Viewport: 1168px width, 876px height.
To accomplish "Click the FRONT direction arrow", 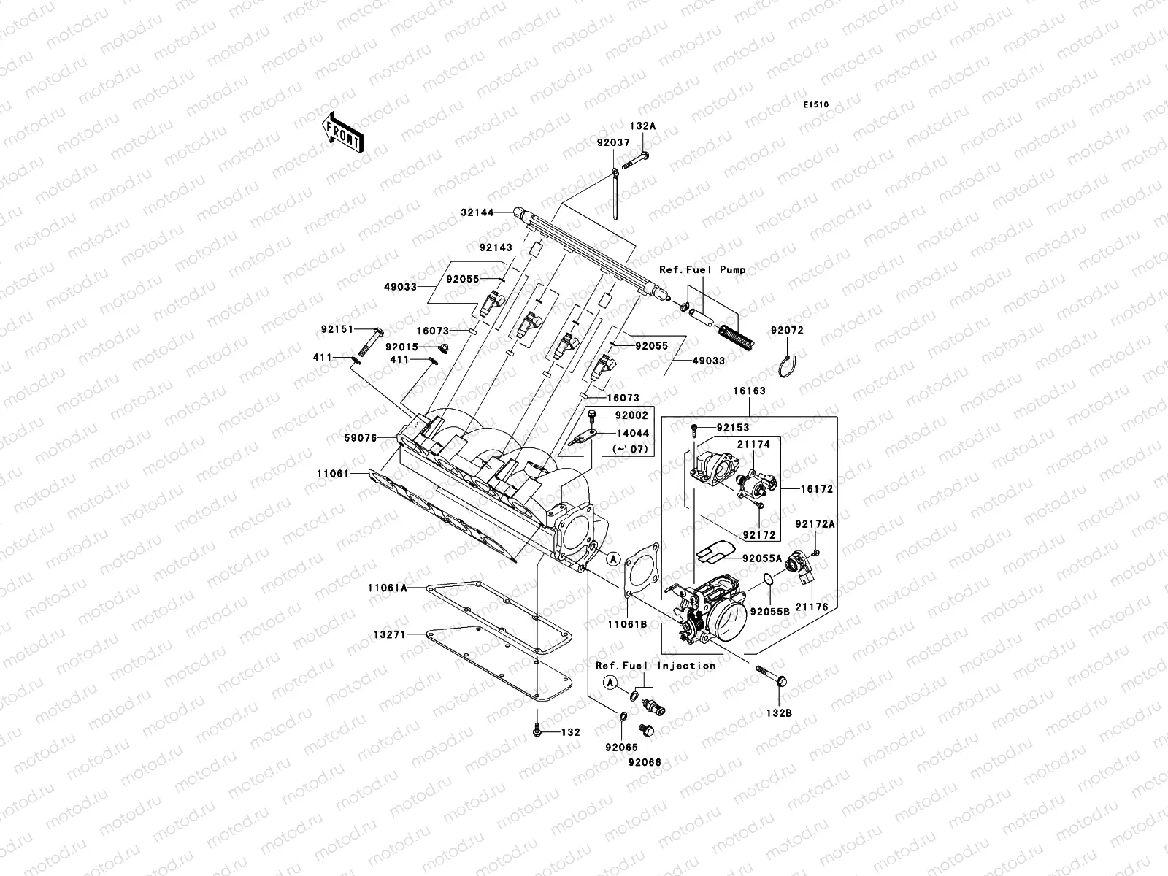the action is pyautogui.click(x=342, y=132).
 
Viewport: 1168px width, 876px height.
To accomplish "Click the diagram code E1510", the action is pyautogui.click(x=815, y=105).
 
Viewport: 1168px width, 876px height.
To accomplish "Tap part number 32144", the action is pyautogui.click(x=477, y=212).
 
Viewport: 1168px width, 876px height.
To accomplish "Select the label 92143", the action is pyautogui.click(x=496, y=248).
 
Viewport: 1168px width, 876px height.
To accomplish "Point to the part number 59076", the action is pyautogui.click(x=361, y=438).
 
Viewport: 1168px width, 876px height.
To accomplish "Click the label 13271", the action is pyautogui.click(x=390, y=634).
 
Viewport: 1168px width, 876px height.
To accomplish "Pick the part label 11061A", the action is pyautogui.click(x=388, y=588).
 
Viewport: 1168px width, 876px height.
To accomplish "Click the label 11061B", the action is pyautogui.click(x=627, y=624).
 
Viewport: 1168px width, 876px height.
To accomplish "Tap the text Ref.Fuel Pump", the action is pyautogui.click(x=702, y=269).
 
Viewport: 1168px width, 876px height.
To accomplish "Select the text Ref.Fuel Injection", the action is pyautogui.click(x=656, y=666).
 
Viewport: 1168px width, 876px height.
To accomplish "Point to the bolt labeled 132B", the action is pyautogui.click(x=771, y=675).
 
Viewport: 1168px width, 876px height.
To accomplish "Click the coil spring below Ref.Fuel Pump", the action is pyautogui.click(x=737, y=338).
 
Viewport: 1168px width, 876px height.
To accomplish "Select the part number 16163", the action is pyautogui.click(x=749, y=391).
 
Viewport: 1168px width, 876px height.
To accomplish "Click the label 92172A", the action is pyautogui.click(x=815, y=524).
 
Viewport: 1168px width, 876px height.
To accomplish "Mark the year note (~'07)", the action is pyautogui.click(x=631, y=450).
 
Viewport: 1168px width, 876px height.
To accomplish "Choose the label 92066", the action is pyautogui.click(x=645, y=763).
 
